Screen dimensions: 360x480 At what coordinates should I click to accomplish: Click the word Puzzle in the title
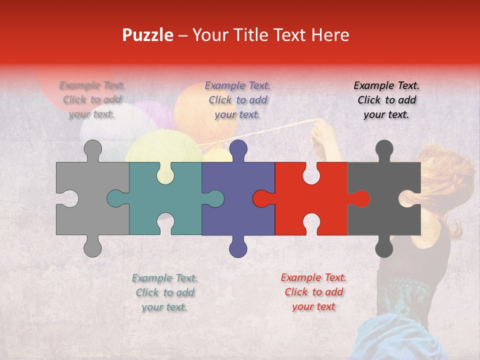point(148,35)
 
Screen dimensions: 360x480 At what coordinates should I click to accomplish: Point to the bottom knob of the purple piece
point(238,248)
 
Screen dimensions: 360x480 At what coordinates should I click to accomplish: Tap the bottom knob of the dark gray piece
point(384,248)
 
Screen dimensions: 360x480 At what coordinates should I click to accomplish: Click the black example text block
point(386,100)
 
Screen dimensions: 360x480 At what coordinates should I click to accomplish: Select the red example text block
point(313,292)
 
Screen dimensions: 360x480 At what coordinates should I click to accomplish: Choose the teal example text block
point(164,292)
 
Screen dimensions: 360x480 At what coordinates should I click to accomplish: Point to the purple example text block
point(237,100)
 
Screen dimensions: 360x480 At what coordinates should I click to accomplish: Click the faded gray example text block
point(92,99)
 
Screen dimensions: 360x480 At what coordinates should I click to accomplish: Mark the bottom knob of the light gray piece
point(92,247)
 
